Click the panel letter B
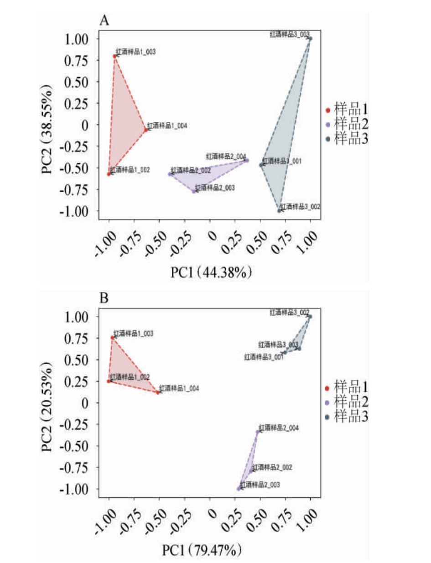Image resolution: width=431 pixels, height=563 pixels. [x=104, y=298]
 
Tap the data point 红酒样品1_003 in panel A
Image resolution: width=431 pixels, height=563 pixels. [x=115, y=56]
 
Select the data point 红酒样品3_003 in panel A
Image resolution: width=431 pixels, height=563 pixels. [x=310, y=38]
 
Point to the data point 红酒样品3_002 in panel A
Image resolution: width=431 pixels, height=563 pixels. [x=280, y=210]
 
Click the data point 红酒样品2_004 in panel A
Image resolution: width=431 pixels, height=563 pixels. [x=247, y=160]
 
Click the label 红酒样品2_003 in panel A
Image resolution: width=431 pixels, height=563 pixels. [x=215, y=187]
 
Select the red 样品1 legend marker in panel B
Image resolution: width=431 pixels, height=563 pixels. [x=327, y=388]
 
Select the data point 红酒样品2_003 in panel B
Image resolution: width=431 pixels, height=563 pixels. [x=239, y=489]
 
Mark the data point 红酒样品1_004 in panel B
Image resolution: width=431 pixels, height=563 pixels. [x=158, y=392]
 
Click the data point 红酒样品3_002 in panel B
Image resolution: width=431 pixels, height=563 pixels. [x=310, y=316]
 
